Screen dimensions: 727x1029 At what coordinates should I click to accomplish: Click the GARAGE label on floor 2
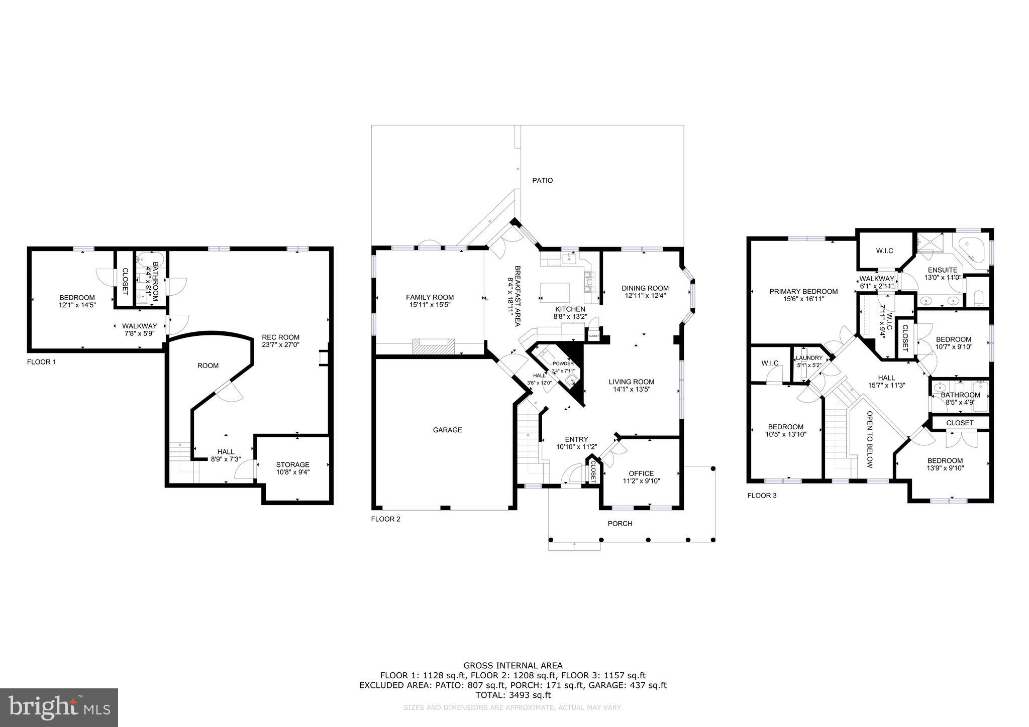pyautogui.click(x=447, y=430)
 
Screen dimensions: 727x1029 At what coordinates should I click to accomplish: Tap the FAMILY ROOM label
pyautogui.click(x=430, y=297)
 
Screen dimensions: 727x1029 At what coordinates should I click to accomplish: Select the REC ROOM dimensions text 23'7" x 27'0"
pyautogui.click(x=280, y=345)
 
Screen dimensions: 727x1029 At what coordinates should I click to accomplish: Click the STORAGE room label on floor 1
pyautogui.click(x=292, y=464)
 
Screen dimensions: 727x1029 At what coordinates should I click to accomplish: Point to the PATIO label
pyautogui.click(x=542, y=180)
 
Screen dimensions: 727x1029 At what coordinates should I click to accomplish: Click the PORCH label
pyautogui.click(x=620, y=523)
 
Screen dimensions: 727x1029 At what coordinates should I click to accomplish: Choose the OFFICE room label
pyautogui.click(x=641, y=473)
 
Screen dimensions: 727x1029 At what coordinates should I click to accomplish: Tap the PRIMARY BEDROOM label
pyautogui.click(x=803, y=291)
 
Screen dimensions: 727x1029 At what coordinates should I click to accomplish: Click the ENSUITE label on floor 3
pyautogui.click(x=943, y=270)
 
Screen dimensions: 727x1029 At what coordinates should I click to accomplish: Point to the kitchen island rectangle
pyautogui.click(x=555, y=291)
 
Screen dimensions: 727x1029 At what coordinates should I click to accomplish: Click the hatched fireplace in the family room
pyautogui.click(x=433, y=346)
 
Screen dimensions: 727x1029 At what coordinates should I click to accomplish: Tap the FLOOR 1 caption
pyautogui.click(x=41, y=361)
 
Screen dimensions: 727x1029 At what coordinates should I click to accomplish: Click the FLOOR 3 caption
pyautogui.click(x=762, y=496)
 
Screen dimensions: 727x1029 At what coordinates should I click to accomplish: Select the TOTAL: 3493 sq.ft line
pyautogui.click(x=513, y=695)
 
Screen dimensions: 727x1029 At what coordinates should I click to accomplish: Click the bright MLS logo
pyautogui.click(x=59, y=707)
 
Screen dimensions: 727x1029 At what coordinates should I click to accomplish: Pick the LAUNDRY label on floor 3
pyautogui.click(x=809, y=358)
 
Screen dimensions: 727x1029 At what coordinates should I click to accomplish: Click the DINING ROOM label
pyautogui.click(x=645, y=288)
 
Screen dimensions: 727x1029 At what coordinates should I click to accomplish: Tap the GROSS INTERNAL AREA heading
pyautogui.click(x=513, y=666)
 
